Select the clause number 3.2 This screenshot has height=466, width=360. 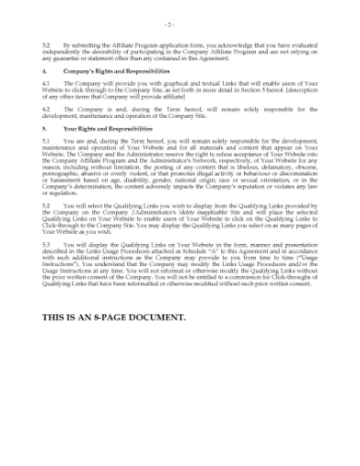[47, 43]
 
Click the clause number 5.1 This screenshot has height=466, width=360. [47, 141]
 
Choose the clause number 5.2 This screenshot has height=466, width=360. [47, 205]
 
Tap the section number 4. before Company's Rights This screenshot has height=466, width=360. [45, 69]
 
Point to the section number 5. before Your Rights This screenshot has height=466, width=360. [45, 129]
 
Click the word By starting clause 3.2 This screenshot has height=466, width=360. [67, 43]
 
